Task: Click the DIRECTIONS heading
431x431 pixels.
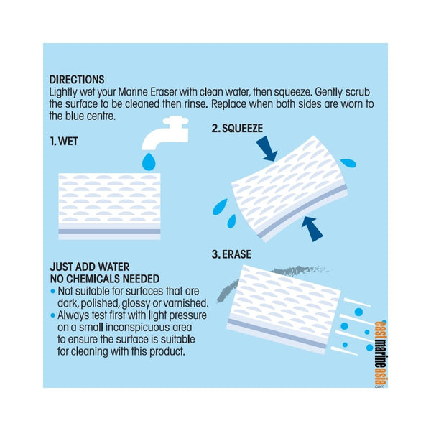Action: click(x=77, y=80)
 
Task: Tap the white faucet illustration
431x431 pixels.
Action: click(x=166, y=132)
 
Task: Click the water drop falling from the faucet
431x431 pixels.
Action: click(x=149, y=162)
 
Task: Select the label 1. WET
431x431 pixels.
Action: click(x=64, y=142)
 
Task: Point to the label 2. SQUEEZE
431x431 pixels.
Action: click(x=237, y=129)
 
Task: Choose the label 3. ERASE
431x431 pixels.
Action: click(x=231, y=254)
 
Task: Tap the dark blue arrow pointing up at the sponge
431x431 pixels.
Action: click(x=312, y=229)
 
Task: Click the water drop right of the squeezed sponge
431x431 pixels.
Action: click(x=348, y=163)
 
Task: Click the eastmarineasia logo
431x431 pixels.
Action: click(x=381, y=354)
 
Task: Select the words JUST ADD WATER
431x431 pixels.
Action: click(x=90, y=267)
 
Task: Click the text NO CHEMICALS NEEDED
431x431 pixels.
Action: click(x=105, y=279)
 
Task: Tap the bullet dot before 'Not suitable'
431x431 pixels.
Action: click(x=53, y=292)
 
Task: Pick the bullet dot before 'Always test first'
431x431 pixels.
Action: click(x=53, y=315)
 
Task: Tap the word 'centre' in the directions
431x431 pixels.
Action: click(x=101, y=116)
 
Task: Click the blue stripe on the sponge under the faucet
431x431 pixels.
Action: click(x=109, y=231)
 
